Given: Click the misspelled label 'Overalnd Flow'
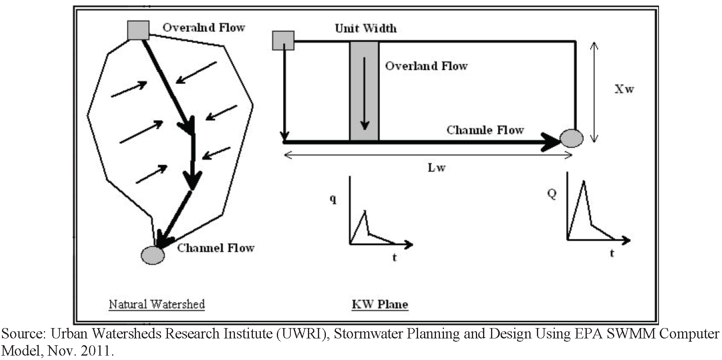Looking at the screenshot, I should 203,28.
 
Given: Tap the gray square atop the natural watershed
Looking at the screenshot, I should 138,30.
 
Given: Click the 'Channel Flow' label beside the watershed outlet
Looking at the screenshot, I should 215,248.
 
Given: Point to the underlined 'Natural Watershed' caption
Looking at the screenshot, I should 157,305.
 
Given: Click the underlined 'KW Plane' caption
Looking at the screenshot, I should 380,305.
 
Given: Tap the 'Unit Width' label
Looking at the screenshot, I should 366,28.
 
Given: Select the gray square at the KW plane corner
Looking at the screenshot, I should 283,41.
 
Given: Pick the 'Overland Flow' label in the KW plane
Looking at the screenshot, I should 426,66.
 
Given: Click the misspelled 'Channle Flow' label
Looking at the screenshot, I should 485,130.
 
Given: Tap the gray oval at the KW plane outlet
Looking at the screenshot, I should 572,138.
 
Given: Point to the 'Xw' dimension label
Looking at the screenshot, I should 624,89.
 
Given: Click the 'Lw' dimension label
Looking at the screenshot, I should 436,167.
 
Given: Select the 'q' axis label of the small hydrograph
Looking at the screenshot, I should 333,198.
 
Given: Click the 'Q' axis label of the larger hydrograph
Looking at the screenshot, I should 552,194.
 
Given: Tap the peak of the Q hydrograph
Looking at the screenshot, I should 584,182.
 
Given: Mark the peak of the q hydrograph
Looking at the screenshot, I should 365,211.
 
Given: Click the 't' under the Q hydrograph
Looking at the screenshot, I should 612,253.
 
